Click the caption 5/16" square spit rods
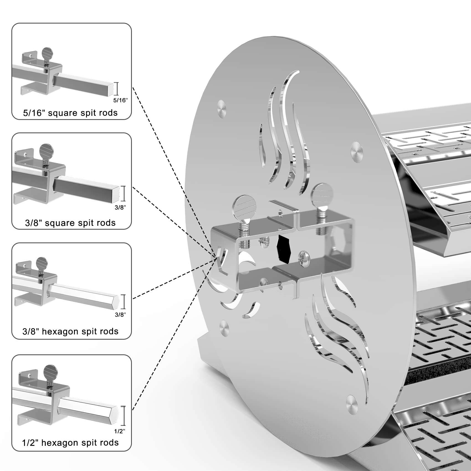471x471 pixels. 70,113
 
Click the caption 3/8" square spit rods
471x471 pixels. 70,223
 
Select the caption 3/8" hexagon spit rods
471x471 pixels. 70,331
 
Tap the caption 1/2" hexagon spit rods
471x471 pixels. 70,443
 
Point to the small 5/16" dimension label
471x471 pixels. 120,100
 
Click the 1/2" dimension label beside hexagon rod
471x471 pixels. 120,431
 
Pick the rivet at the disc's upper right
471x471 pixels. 357,151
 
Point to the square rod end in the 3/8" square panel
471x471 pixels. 116,193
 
